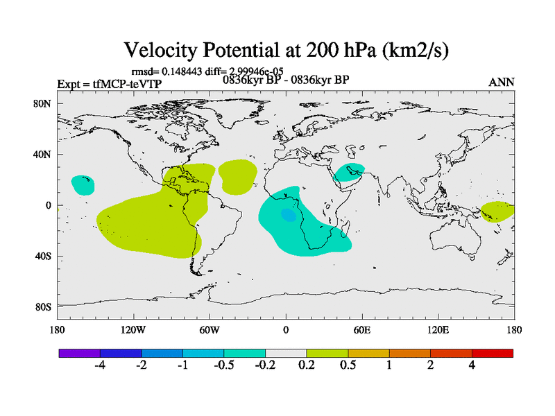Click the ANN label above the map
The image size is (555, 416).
pyautogui.click(x=502, y=82)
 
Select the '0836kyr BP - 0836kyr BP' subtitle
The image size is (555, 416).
pyautogui.click(x=285, y=80)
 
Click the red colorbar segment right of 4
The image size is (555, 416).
pyautogui.click(x=493, y=353)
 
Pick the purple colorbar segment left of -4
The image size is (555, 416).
pyautogui.click(x=80, y=353)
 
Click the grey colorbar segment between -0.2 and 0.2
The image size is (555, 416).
pyautogui.click(x=286, y=353)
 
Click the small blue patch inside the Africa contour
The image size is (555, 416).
pyautogui.click(x=287, y=215)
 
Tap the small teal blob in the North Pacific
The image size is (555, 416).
pyautogui.click(x=83, y=184)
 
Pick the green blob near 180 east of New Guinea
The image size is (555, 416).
pyautogui.click(x=497, y=211)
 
